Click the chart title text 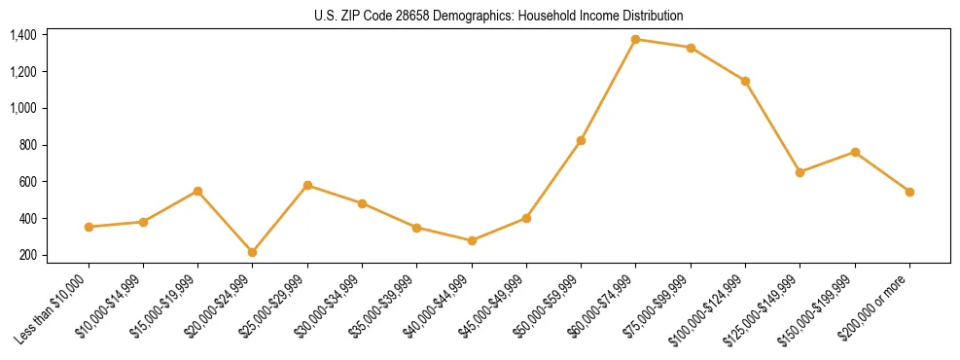click(498, 16)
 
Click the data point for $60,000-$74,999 click(636, 40)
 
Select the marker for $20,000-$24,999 click(253, 252)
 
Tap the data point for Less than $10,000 click(89, 227)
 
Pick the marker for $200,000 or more click(909, 192)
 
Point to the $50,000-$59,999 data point click(581, 140)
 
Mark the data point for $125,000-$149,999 click(800, 172)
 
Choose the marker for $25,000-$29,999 click(307, 185)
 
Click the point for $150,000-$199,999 click(855, 152)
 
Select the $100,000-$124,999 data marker click(745, 81)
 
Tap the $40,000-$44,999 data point click(472, 240)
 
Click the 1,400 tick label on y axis click(23, 35)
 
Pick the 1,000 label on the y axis click(23, 108)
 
